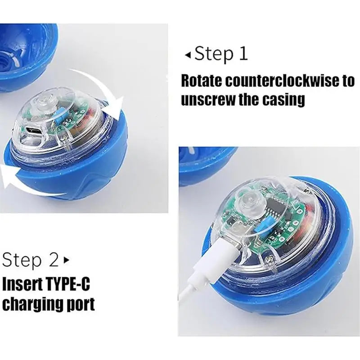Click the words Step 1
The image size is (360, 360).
(221, 54)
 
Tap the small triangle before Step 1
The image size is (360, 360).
(188, 54)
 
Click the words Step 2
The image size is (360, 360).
(31, 260)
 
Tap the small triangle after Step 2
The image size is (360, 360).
(67, 260)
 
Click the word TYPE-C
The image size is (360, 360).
(75, 284)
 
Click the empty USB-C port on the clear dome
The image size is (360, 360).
(33, 130)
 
